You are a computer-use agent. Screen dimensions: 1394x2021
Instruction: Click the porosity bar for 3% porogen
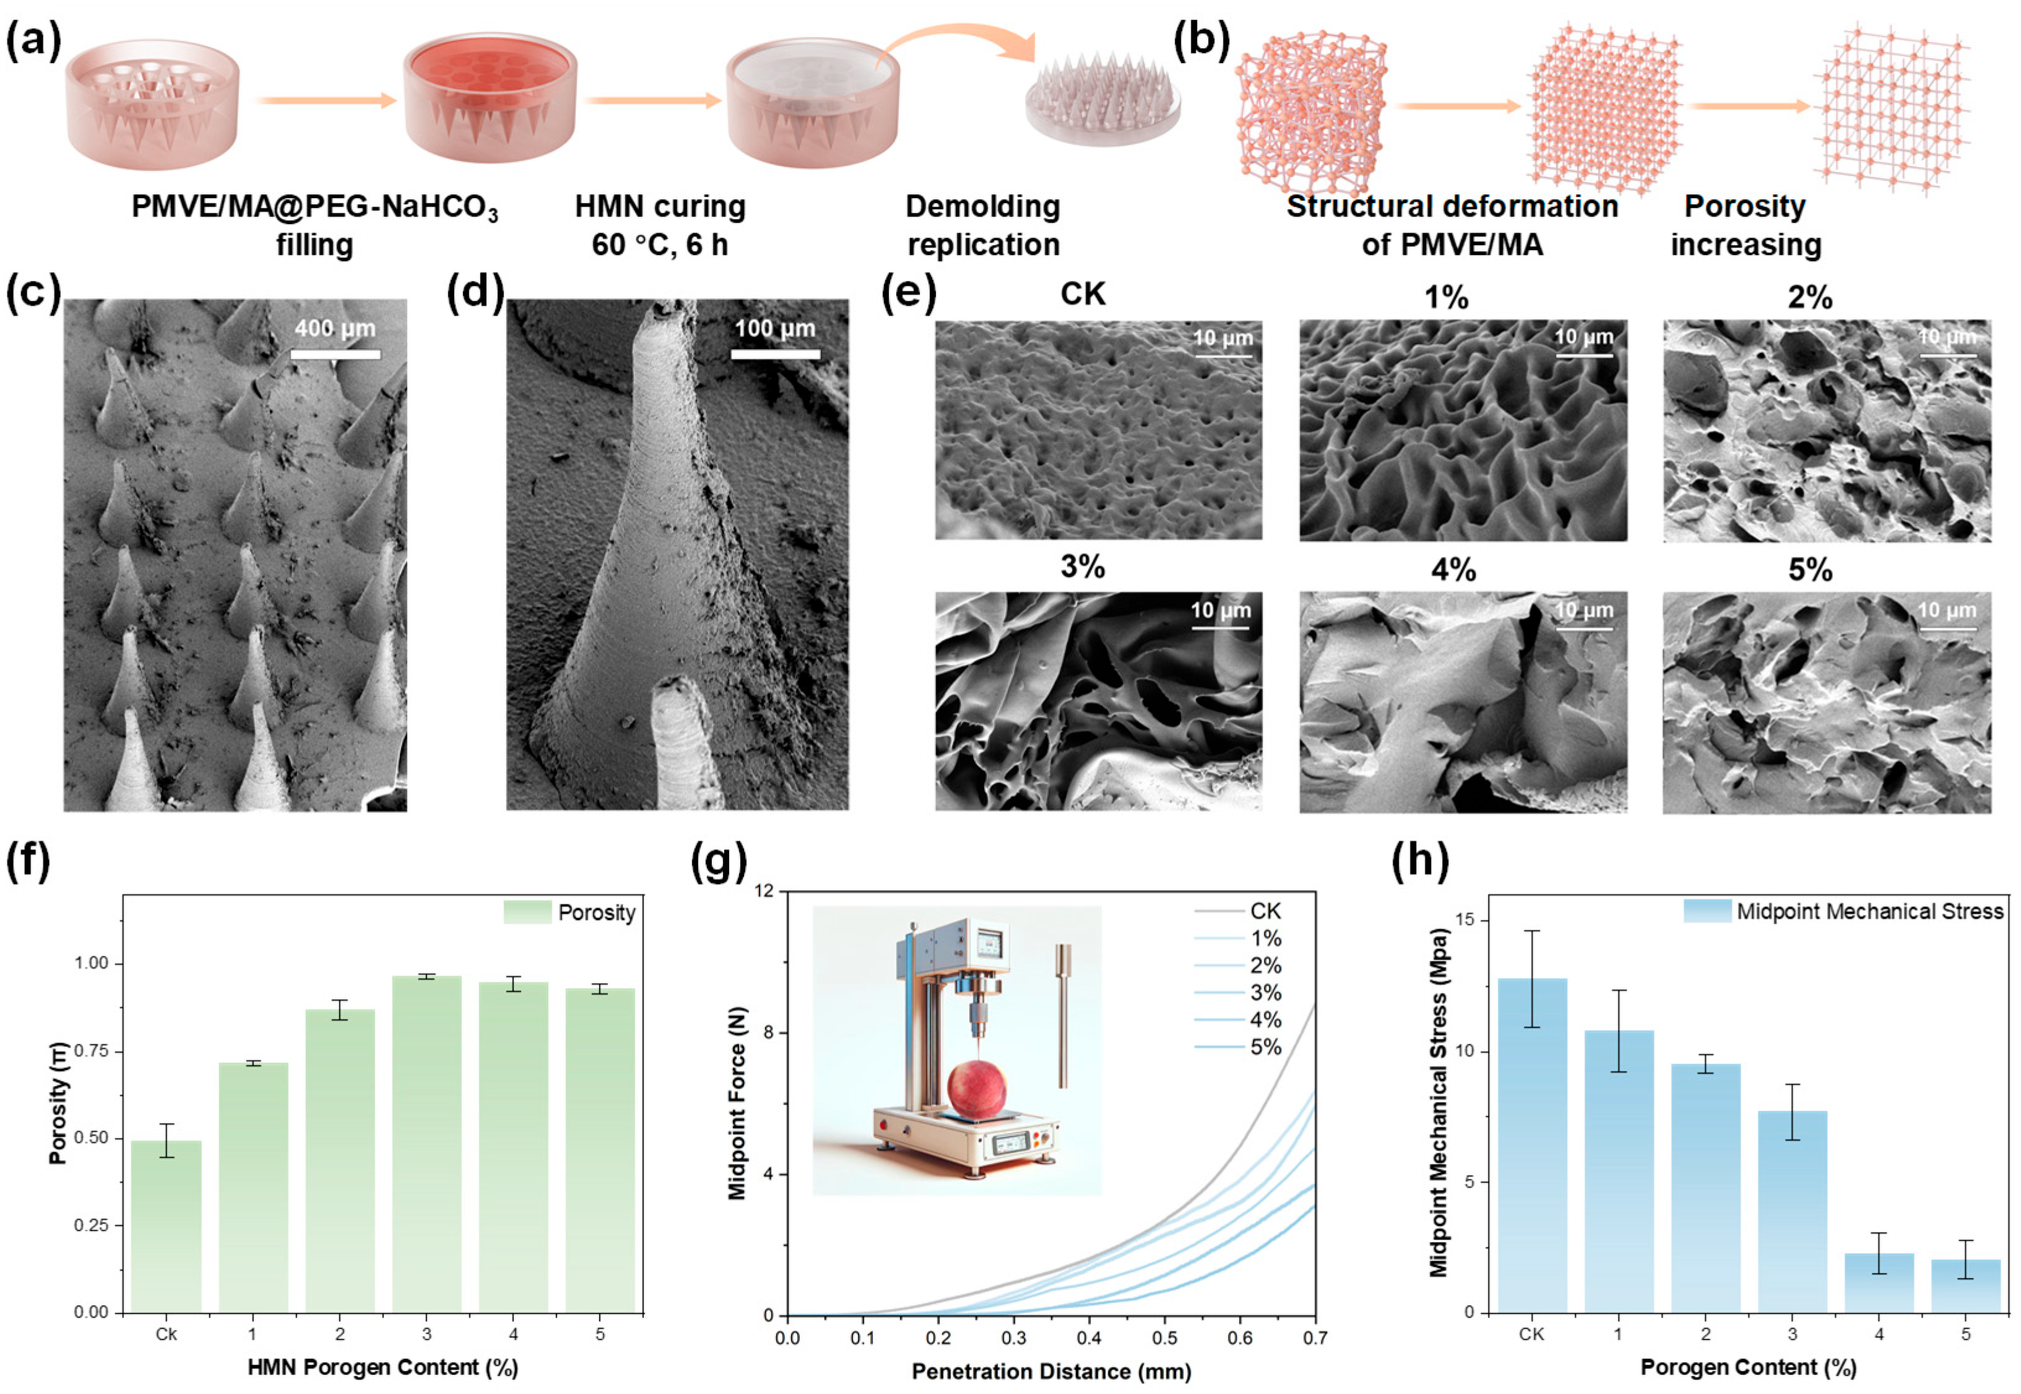[426, 1144]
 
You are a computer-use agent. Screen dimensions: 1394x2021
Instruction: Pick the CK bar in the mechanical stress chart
[1532, 1144]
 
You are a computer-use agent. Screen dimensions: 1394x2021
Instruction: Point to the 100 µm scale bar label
[775, 329]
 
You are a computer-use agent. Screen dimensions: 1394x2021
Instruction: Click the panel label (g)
[719, 863]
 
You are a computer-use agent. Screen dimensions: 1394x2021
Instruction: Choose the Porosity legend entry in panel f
[597, 913]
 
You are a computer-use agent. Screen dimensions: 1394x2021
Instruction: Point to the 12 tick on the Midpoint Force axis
[765, 891]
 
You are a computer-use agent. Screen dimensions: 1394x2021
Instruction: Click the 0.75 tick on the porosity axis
[91, 1050]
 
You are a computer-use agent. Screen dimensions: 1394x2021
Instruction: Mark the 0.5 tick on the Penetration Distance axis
[1164, 1338]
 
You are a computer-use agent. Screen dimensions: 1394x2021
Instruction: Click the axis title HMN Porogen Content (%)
[383, 1367]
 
